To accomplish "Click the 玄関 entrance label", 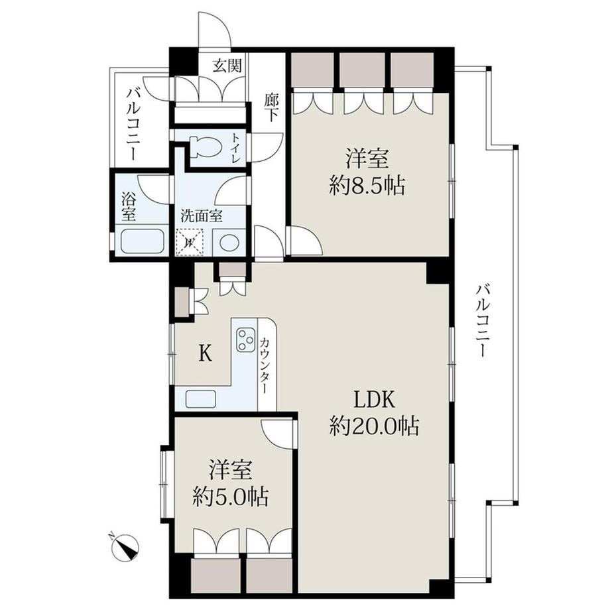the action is coord(227,65).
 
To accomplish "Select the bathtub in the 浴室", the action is coord(142,241).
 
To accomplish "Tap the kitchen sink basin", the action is coord(201,398).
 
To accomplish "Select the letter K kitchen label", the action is coord(206,353).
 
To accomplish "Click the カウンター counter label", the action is coord(266,365).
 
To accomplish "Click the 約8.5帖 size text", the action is coord(367,186).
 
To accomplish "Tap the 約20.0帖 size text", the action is coord(374,426).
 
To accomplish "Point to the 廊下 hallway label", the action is coord(271,108).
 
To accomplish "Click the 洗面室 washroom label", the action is coord(201,216).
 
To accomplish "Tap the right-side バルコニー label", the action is coord(483,321).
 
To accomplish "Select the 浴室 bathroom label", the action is coord(129,206).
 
